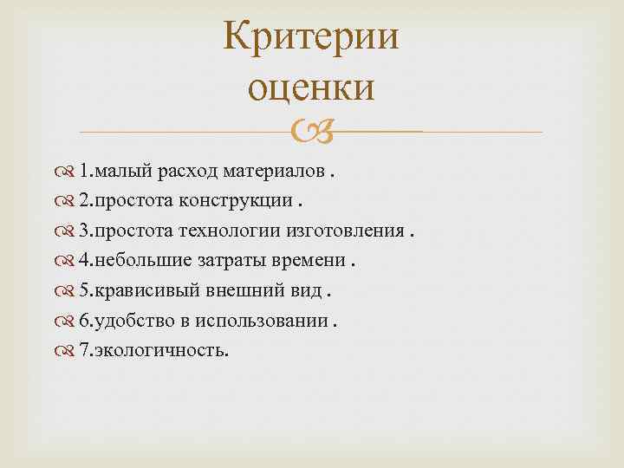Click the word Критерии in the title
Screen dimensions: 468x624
pos(311,40)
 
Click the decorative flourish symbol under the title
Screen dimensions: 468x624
pos(311,132)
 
